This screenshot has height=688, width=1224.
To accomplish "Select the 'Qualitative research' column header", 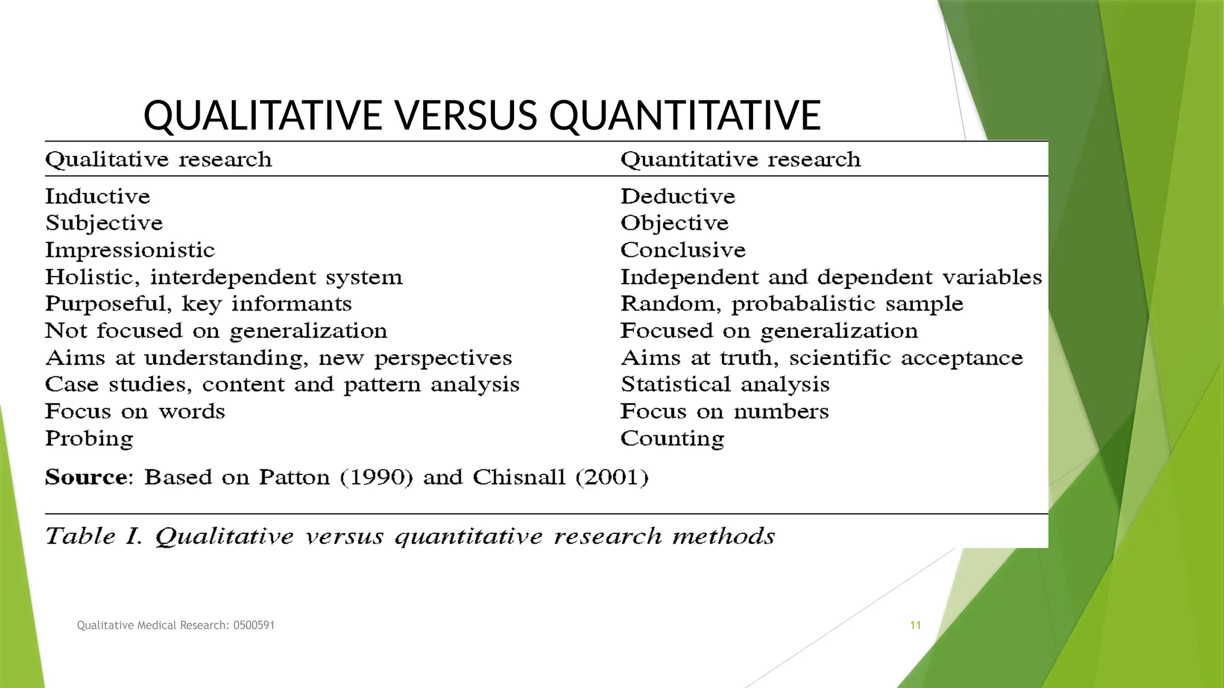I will coord(158,159).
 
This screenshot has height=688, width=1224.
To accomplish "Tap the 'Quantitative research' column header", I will coord(740,159).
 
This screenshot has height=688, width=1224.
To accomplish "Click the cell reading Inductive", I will coord(97,196).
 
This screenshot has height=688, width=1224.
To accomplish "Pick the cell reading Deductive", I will coord(678,196).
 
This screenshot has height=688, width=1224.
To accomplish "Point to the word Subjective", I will coord(104,223).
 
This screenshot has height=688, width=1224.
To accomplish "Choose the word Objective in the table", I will coord(674,223).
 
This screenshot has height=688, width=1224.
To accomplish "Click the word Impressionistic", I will coord(130,250).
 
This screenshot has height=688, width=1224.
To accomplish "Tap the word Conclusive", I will coord(683,250).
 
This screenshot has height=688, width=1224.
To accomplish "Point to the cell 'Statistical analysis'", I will coord(725,385).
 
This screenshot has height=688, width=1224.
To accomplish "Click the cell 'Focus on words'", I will coord(135,411).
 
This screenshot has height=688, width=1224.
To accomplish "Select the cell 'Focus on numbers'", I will coord(724,411).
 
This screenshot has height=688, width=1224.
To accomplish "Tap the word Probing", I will coord(89,439).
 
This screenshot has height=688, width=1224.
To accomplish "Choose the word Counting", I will coord(672,439).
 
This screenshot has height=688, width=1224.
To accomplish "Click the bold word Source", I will coord(87,477).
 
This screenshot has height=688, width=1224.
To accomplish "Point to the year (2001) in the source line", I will coord(611,477).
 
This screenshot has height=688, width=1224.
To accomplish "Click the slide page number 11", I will coord(915,625).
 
